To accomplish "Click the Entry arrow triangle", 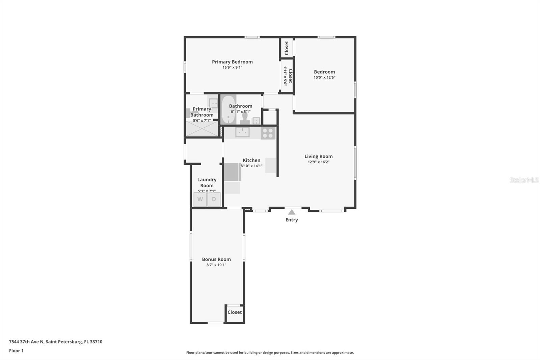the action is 292,212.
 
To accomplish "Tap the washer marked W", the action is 200,199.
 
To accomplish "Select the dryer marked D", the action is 214,199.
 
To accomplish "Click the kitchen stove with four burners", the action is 268,133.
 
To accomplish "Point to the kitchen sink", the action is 242,132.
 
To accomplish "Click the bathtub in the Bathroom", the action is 228,110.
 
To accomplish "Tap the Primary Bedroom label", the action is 233,62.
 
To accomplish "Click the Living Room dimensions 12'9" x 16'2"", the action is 319,162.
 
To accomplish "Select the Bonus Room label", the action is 216,259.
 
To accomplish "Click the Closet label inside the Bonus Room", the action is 235,312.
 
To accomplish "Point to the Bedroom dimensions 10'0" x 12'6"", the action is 324,77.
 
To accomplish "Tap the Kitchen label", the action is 251,160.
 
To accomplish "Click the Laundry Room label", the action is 207,182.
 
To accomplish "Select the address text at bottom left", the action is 56,342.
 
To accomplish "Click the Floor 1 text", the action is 16,351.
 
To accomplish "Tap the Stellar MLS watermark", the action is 524,180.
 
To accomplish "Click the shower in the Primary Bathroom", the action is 202,129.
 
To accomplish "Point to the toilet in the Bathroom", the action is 245,119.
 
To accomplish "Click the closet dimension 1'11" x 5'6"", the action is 285,76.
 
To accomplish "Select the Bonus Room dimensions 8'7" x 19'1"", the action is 216,265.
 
